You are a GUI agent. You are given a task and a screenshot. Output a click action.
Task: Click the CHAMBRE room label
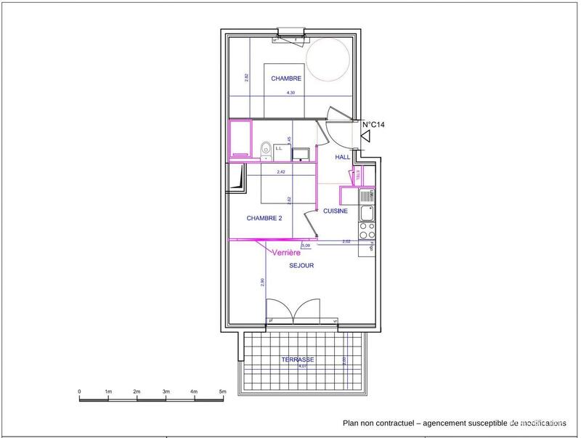tap(287, 78)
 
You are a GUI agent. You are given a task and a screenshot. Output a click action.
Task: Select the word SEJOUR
tap(301, 266)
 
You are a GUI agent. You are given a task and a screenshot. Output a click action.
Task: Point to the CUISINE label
tap(336, 211)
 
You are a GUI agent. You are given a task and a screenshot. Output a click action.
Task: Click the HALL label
tap(343, 157)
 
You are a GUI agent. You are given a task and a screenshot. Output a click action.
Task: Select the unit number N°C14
tap(373, 124)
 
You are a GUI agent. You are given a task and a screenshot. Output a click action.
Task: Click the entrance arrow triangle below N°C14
tap(367, 136)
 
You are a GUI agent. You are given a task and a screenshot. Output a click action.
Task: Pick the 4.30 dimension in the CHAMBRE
tap(291, 93)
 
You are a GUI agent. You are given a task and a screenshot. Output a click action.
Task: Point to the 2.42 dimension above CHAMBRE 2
tap(280, 172)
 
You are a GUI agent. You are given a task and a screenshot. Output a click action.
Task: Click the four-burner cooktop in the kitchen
tap(367, 230)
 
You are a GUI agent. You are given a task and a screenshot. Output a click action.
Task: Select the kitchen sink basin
tap(367, 214)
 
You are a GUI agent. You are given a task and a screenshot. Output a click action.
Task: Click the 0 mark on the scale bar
tap(79, 392)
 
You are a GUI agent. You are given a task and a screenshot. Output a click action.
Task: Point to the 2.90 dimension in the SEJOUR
tap(262, 283)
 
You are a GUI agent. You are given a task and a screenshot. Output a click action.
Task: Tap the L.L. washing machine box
tap(279, 150)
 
